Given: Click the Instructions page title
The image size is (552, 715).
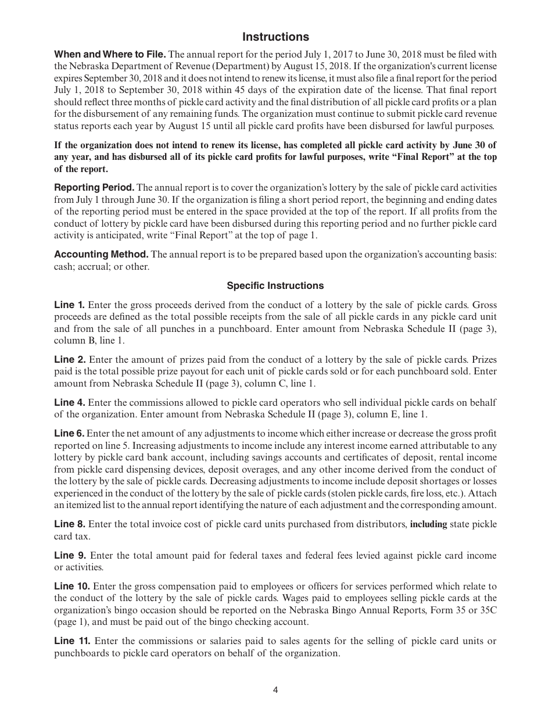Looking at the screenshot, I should pyautogui.click(x=275, y=37).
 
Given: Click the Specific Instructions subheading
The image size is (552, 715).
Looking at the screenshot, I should pyautogui.click(x=275, y=286).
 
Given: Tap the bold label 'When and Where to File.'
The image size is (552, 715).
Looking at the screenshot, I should pyautogui.click(x=110, y=55).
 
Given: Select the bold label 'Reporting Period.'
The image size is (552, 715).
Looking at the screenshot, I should pyautogui.click(x=94, y=188).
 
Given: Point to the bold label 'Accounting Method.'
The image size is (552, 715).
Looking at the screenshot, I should pyautogui.click(x=101, y=255).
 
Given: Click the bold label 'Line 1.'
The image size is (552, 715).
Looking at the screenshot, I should pyautogui.click(x=69, y=305).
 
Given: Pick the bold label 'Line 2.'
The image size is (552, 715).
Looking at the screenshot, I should pyautogui.click(x=70, y=360).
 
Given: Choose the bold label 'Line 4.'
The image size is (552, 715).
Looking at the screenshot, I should pyautogui.click(x=69, y=403).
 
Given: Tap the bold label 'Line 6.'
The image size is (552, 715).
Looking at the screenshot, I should pyautogui.click(x=69, y=434).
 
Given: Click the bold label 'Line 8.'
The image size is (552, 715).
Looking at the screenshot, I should pyautogui.click(x=69, y=524).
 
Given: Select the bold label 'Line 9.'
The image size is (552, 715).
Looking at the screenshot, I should pyautogui.click(x=70, y=556).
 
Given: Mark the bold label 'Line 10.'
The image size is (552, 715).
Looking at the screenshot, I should pyautogui.click(x=71, y=587).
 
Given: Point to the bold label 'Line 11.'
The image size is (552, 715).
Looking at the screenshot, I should pyautogui.click(x=71, y=641).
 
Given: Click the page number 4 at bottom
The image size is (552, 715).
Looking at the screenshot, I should pyautogui.click(x=275, y=691).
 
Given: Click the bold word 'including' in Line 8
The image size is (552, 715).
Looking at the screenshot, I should pyautogui.click(x=428, y=524).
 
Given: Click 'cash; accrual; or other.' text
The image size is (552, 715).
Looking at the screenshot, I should pyautogui.click(x=102, y=267).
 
